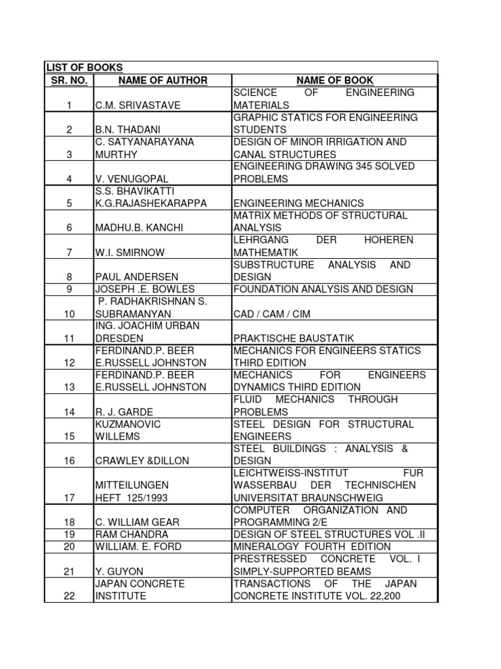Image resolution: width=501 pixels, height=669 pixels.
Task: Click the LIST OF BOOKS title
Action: [x=83, y=67]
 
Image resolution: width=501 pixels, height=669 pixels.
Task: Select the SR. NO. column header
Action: [x=68, y=80]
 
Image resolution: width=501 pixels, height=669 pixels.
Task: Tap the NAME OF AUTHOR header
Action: [x=162, y=80]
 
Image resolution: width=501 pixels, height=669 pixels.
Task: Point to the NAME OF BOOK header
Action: [x=335, y=80]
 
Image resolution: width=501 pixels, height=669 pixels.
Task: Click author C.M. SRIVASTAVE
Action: [x=138, y=105]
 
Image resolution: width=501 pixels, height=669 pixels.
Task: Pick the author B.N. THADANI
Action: [x=128, y=129]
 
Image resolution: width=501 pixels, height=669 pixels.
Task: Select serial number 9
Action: [x=69, y=289]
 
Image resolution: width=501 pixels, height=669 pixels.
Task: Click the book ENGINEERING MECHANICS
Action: [x=299, y=203]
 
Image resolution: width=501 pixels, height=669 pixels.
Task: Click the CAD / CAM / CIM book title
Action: [x=272, y=314]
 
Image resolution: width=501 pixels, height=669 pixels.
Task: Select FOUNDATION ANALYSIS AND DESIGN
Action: [x=324, y=289]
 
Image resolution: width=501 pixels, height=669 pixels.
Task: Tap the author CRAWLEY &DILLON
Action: [x=142, y=461]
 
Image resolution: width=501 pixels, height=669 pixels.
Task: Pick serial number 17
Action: [x=69, y=497]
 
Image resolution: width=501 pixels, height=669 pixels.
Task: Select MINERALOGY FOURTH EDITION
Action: [x=312, y=546]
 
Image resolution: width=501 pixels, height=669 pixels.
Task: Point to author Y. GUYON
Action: [x=119, y=571]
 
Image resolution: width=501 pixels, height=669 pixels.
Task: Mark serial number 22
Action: [x=69, y=596]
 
